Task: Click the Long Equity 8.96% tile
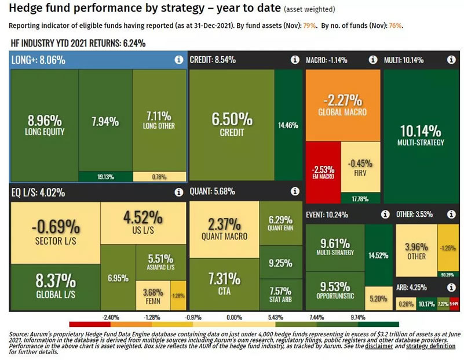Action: (44, 124)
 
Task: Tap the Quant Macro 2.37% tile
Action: (224, 229)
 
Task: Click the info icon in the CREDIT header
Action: (294, 60)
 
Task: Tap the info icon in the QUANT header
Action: (294, 191)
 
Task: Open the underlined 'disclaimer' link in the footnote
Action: (377, 346)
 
